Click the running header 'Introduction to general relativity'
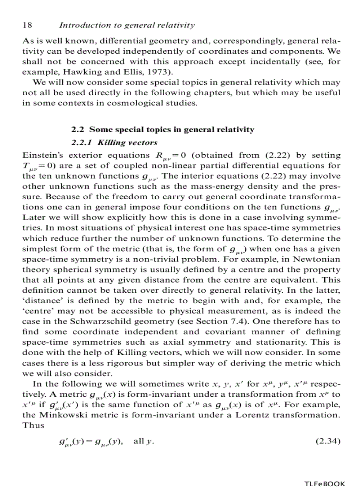127,26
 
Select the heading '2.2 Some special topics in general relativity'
162,130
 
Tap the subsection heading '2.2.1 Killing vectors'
114,143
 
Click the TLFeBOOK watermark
325,484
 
